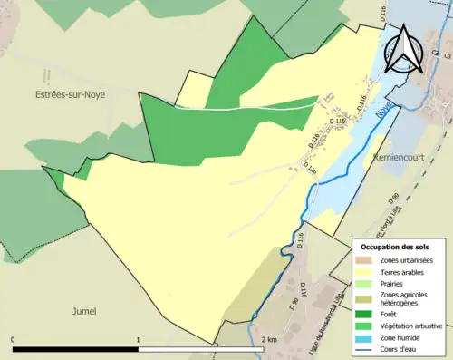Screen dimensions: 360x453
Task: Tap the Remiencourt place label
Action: pyautogui.click(x=399, y=158)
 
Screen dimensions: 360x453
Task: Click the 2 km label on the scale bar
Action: pyautogui.click(x=268, y=339)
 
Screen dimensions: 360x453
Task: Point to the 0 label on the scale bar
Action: pyautogui.click(x=14, y=339)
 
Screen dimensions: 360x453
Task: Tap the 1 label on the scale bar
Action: pyautogui.click(x=137, y=339)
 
